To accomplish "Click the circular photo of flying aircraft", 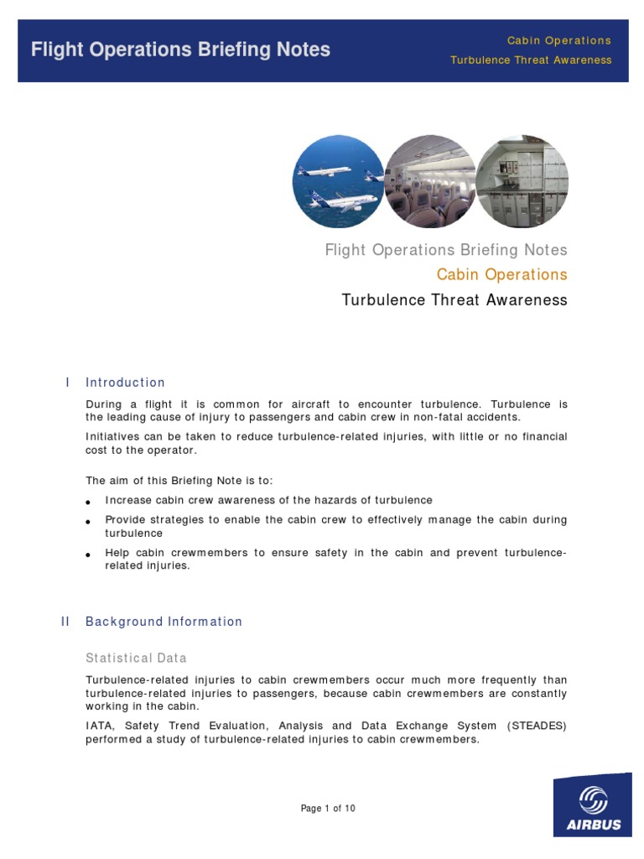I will tap(338, 181).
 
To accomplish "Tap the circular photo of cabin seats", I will tap(429, 181).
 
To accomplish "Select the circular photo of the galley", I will tap(522, 181).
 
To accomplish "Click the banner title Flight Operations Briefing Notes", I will tap(180, 49).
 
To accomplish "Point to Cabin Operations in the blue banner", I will tap(558, 40).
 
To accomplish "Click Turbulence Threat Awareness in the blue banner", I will tap(531, 60).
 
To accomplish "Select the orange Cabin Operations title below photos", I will tap(501, 274).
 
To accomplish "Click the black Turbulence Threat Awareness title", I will tap(454, 299).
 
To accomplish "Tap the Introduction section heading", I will tap(125, 383).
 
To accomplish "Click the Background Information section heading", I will tap(164, 622).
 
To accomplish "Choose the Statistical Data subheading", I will tap(136, 658).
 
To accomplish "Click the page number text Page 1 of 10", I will tap(328, 809).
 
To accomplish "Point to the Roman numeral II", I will tap(65, 622).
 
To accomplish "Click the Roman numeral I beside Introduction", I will tap(67, 383).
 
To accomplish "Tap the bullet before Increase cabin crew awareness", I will tap(89, 502).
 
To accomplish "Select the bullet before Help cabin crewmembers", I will tap(89, 554).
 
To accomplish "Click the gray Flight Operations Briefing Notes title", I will tap(445, 250).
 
